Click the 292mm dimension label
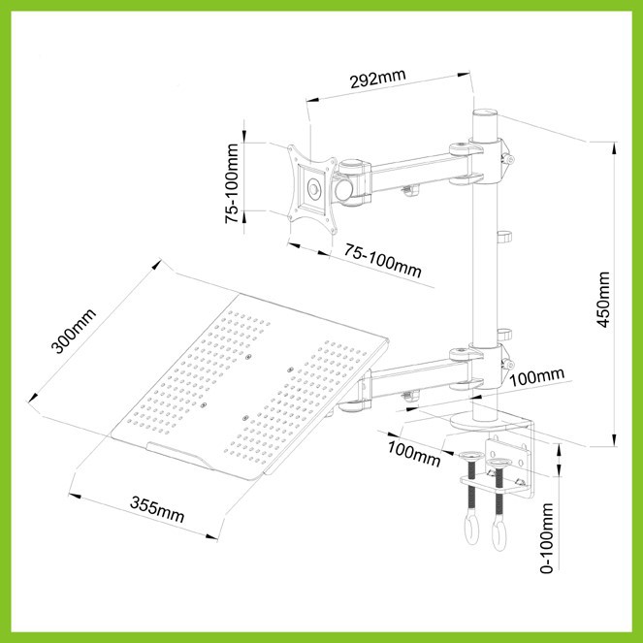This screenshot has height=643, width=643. (x=377, y=78)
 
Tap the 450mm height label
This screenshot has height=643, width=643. (x=603, y=299)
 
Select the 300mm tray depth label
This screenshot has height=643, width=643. (x=73, y=331)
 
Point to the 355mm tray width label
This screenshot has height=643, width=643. (x=157, y=509)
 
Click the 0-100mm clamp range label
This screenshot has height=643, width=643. (x=547, y=538)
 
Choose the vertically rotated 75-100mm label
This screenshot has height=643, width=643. (x=231, y=183)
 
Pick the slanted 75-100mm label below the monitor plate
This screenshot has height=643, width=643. (x=382, y=260)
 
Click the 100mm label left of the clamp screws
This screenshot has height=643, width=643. (x=414, y=453)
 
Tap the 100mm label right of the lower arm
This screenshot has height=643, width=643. (x=536, y=376)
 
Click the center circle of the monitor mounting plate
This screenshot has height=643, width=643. (x=314, y=189)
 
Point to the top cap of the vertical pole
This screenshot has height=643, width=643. (x=485, y=113)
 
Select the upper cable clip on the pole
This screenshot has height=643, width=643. (x=505, y=238)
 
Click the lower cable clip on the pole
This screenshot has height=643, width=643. (x=505, y=335)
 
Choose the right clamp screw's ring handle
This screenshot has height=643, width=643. (x=498, y=535)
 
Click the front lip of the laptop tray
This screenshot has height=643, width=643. (x=179, y=455)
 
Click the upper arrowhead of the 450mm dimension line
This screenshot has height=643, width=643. (x=614, y=148)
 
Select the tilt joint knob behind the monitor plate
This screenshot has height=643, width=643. (x=344, y=189)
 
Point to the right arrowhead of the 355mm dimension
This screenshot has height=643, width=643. (x=211, y=536)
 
